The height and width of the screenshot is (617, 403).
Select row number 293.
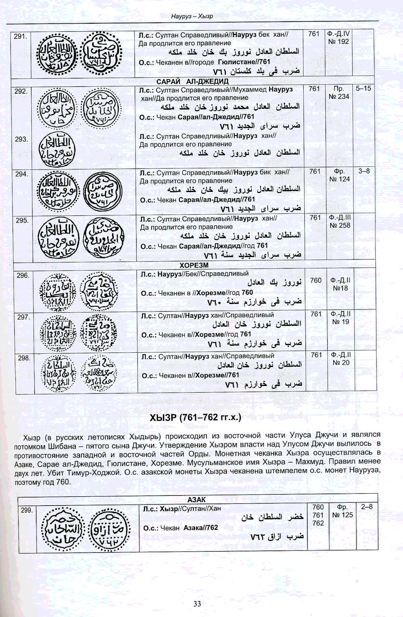point(21,139)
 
